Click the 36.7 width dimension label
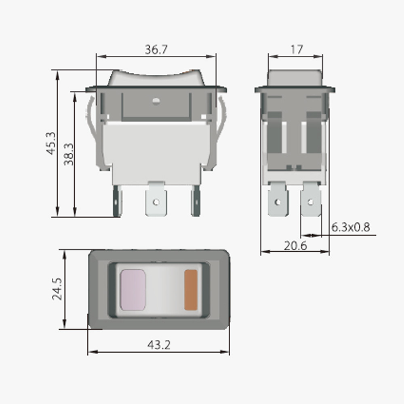(156, 50)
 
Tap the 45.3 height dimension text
(51, 143)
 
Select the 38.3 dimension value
(69, 154)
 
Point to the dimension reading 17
(296, 50)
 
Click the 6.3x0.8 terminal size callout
(350, 227)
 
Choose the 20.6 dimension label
(295, 246)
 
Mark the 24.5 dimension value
(57, 288)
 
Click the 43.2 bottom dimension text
(158, 345)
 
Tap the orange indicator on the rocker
(191, 290)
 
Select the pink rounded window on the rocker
(133, 290)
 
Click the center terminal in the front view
(156, 200)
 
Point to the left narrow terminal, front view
(117, 201)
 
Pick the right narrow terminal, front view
(196, 201)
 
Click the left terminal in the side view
(278, 200)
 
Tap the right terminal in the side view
(311, 200)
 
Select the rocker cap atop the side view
(295, 78)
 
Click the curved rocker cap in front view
(156, 78)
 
